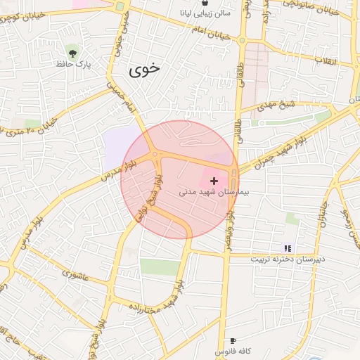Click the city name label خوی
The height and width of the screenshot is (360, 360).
[x=144, y=70]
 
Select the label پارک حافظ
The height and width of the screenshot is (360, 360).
[x=75, y=64]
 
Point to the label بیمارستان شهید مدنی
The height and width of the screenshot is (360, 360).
[x=210, y=191]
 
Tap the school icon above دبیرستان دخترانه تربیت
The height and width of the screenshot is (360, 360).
[x=288, y=247]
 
